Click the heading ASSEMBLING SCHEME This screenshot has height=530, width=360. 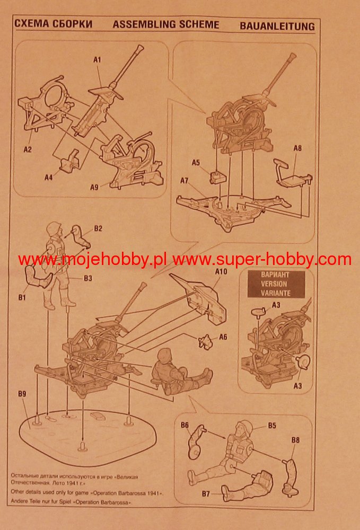(x=165, y=24)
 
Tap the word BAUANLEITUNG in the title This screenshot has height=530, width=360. (x=277, y=25)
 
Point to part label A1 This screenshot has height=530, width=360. (x=97, y=60)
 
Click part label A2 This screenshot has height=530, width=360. (x=28, y=149)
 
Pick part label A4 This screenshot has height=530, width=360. (x=49, y=178)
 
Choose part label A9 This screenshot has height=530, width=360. (x=94, y=187)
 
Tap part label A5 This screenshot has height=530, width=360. (x=196, y=162)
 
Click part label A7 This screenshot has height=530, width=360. (x=185, y=181)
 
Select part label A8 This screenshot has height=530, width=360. (x=297, y=148)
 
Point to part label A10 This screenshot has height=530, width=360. (x=221, y=271)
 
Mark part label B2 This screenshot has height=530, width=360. (x=98, y=228)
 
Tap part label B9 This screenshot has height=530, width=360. (x=22, y=394)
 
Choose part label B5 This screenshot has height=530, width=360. (x=272, y=425)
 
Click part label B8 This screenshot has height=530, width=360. (x=296, y=439)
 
